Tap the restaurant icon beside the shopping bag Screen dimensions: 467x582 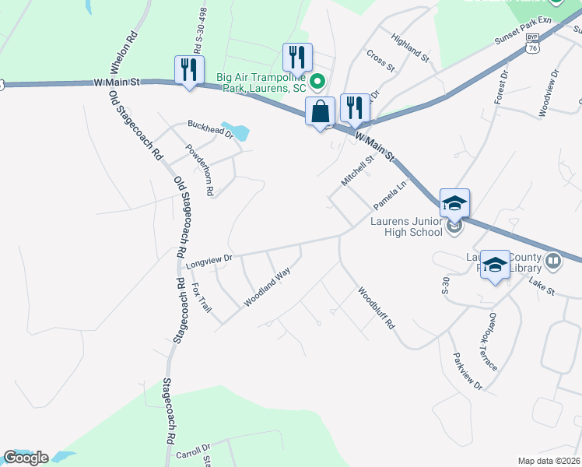pyautogui.click(x=355, y=108)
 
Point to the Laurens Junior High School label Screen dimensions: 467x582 pyautogui.click(x=405, y=226)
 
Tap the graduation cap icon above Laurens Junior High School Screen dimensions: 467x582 pyautogui.click(x=454, y=204)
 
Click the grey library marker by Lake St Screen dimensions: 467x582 pyautogui.click(x=553, y=261)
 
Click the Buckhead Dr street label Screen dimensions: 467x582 pyautogui.click(x=209, y=128)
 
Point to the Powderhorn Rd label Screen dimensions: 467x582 pyautogui.click(x=199, y=169)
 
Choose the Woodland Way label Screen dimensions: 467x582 pyautogui.click(x=268, y=286)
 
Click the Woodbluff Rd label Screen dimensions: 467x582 pyautogui.click(x=377, y=309)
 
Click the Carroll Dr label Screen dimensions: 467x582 pyautogui.click(x=193, y=451)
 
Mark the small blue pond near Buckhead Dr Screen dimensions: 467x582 pyautogui.click(x=237, y=131)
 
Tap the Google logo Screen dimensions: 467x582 pyautogui.click(x=26, y=458)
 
